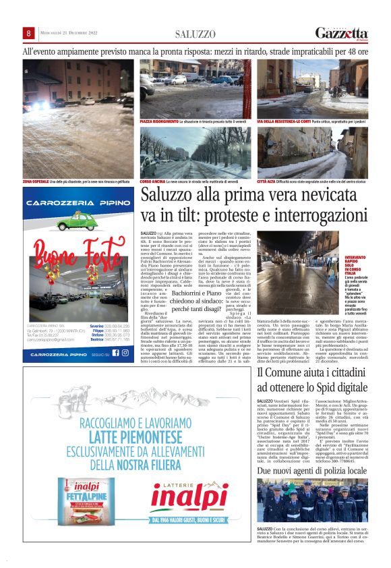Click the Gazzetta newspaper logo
(342, 33)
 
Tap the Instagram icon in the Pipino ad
(125, 353)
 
